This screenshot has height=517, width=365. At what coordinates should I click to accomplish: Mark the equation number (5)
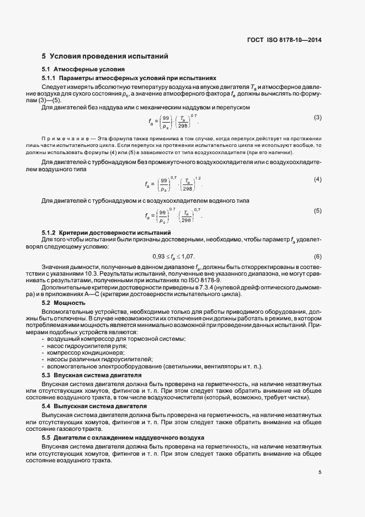318,211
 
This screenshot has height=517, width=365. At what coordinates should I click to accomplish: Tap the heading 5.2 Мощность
64,303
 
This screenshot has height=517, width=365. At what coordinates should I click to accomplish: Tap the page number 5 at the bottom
319,472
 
